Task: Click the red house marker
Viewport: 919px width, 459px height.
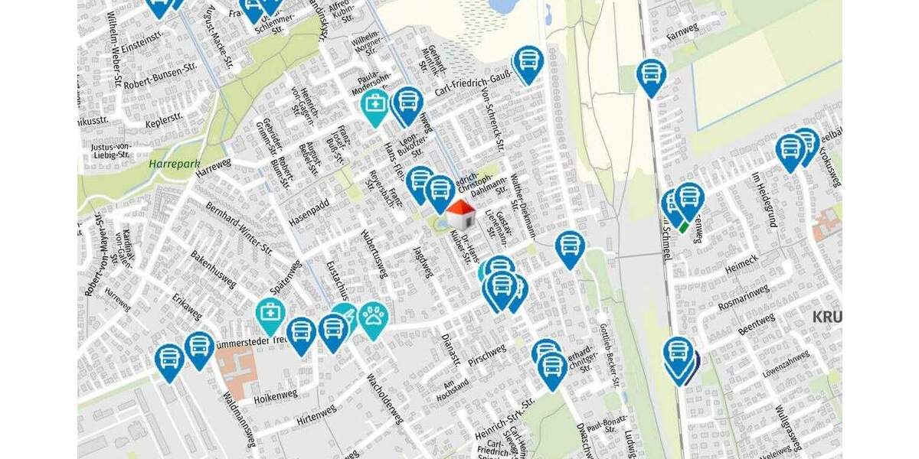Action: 460,213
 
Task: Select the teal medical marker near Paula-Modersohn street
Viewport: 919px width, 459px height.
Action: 375,106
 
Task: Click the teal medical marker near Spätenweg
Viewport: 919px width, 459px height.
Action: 270,314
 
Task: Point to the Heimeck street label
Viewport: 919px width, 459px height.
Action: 731,262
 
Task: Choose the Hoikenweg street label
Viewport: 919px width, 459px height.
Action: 276,395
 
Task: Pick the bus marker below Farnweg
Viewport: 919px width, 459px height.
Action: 651,75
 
